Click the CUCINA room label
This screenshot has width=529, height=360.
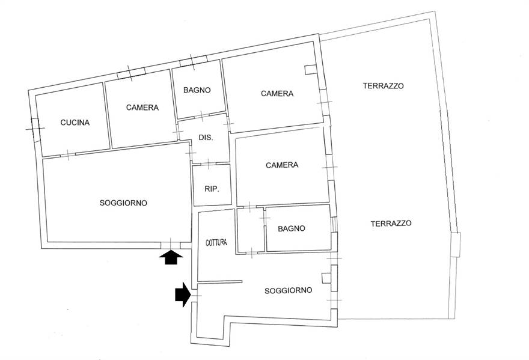(x=75, y=123)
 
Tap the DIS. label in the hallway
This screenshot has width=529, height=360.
(x=205, y=138)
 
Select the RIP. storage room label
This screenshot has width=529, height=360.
(x=212, y=189)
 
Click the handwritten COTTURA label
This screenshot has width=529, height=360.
(x=216, y=243)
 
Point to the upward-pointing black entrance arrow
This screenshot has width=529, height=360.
(x=171, y=258)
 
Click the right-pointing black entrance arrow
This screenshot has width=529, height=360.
(x=183, y=295)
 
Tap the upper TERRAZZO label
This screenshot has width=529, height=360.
(x=383, y=86)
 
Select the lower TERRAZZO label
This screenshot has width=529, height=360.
(x=391, y=223)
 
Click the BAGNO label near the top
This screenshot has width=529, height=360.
(x=197, y=90)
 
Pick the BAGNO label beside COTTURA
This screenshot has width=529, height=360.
(x=292, y=228)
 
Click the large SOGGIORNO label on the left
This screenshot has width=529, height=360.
(x=123, y=203)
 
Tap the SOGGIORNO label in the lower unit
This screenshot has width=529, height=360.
(x=289, y=290)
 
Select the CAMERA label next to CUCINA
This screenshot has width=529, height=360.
(x=142, y=108)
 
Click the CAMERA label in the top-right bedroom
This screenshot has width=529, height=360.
(x=277, y=94)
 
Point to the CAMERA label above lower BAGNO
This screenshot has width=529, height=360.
(x=282, y=165)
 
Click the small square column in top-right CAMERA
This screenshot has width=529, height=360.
(x=310, y=70)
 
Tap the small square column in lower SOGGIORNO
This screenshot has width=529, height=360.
(x=326, y=278)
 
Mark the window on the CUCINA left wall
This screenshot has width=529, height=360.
(x=35, y=129)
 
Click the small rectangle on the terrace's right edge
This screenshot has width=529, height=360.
(x=455, y=244)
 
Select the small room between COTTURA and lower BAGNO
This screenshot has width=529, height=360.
(x=250, y=230)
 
